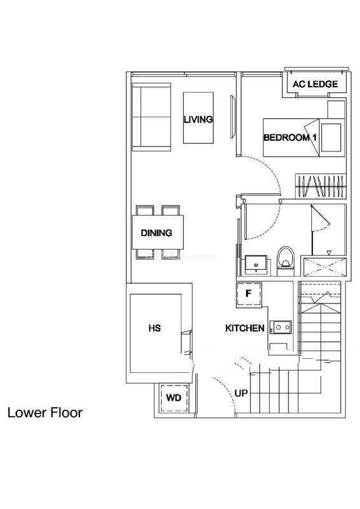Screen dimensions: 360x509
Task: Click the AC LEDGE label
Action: tap(315, 85)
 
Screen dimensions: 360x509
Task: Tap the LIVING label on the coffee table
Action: tap(198, 119)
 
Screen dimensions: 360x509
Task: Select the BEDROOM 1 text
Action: tap(290, 137)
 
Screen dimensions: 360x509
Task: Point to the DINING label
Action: tap(156, 233)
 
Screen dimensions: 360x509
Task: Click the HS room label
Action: tap(155, 328)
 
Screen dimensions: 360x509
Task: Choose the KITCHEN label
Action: tap(245, 328)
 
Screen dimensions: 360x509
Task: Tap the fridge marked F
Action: tap(249, 294)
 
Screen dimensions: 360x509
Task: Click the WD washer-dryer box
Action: tap(174, 398)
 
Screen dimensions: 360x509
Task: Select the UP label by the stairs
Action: tap(241, 393)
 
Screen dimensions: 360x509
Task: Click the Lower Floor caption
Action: tap(45, 412)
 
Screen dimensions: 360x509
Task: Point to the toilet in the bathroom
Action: tap(286, 261)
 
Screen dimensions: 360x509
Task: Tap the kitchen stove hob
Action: tap(282, 328)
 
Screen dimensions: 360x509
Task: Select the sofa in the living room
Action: tap(151, 117)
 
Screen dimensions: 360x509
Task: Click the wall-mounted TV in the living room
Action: tap(232, 117)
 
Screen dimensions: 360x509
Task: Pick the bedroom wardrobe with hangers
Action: tap(321, 186)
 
